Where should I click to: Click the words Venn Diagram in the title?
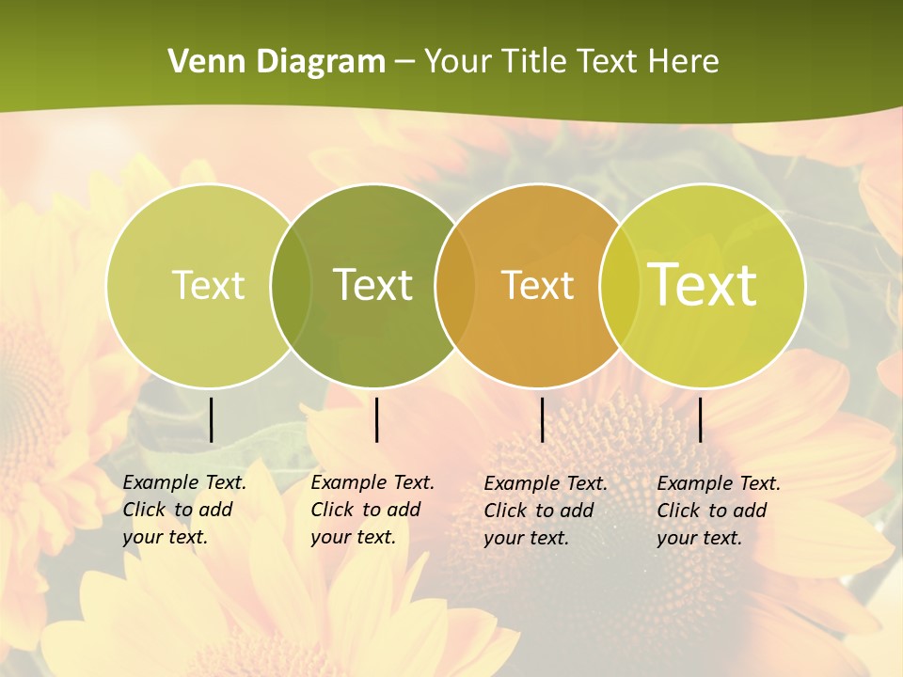277,62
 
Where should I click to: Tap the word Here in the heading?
683,62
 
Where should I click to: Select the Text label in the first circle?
209,285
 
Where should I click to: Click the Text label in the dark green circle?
373,285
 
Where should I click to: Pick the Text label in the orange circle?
538,285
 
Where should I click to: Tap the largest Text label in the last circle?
703,285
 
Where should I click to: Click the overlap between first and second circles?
291,285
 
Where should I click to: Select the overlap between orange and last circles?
618,285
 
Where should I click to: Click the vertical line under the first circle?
212,419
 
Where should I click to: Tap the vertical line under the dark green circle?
376,419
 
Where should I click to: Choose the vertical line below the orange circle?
542,419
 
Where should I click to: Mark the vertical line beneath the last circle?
701,419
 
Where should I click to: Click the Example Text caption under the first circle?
183,510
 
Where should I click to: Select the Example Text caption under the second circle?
372,510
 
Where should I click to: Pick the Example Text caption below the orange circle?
545,511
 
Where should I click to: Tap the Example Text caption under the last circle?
718,511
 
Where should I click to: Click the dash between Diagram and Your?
404,62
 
